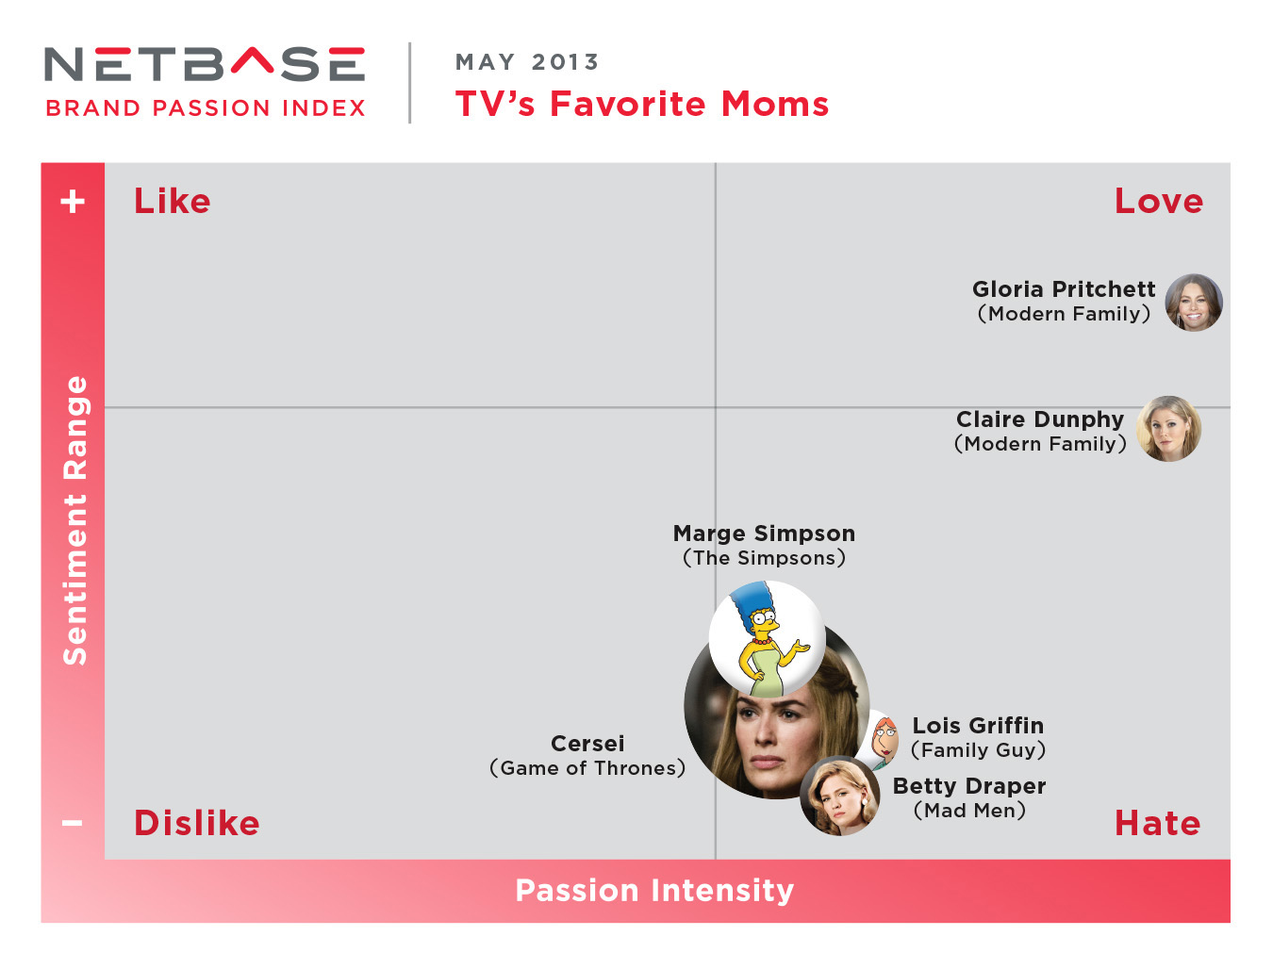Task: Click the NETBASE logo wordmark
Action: click(205, 64)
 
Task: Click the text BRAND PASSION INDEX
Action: click(206, 108)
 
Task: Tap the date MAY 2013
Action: click(526, 62)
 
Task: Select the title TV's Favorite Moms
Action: click(642, 105)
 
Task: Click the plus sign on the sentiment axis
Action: click(73, 202)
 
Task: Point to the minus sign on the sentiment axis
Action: click(73, 823)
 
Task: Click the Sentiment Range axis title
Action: click(74, 520)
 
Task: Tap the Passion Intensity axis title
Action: click(654, 890)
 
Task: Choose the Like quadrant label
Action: click(173, 202)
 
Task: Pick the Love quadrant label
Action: click(1159, 202)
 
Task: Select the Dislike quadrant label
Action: click(196, 823)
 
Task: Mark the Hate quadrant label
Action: click(1158, 823)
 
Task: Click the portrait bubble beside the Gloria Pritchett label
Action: click(1194, 303)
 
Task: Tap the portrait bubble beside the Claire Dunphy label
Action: click(1168, 429)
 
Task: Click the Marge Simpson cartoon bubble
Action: click(767, 639)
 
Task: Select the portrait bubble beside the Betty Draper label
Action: click(840, 796)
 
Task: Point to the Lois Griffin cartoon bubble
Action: click(882, 740)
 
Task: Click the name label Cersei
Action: click(587, 744)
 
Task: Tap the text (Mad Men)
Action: click(969, 811)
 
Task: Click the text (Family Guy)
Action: click(979, 750)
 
